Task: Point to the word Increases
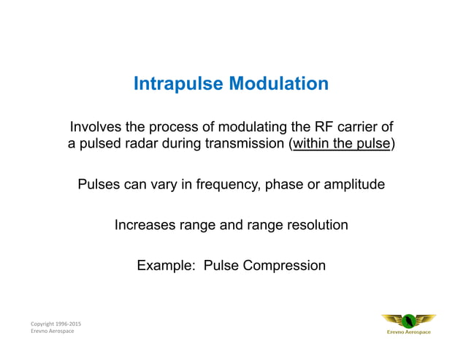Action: (146, 225)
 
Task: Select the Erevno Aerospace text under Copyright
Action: (52, 332)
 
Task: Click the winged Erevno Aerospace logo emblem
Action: (408, 321)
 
